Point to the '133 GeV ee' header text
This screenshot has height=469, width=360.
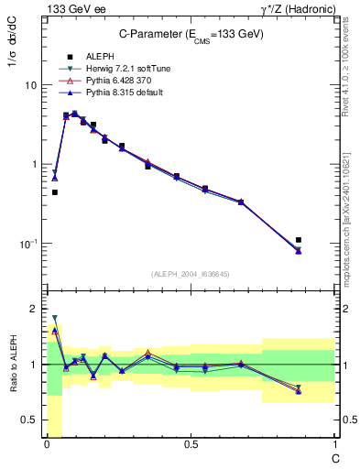[71, 8]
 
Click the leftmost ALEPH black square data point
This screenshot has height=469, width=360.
[55, 192]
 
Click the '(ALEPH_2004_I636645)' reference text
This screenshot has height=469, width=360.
[190, 273]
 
